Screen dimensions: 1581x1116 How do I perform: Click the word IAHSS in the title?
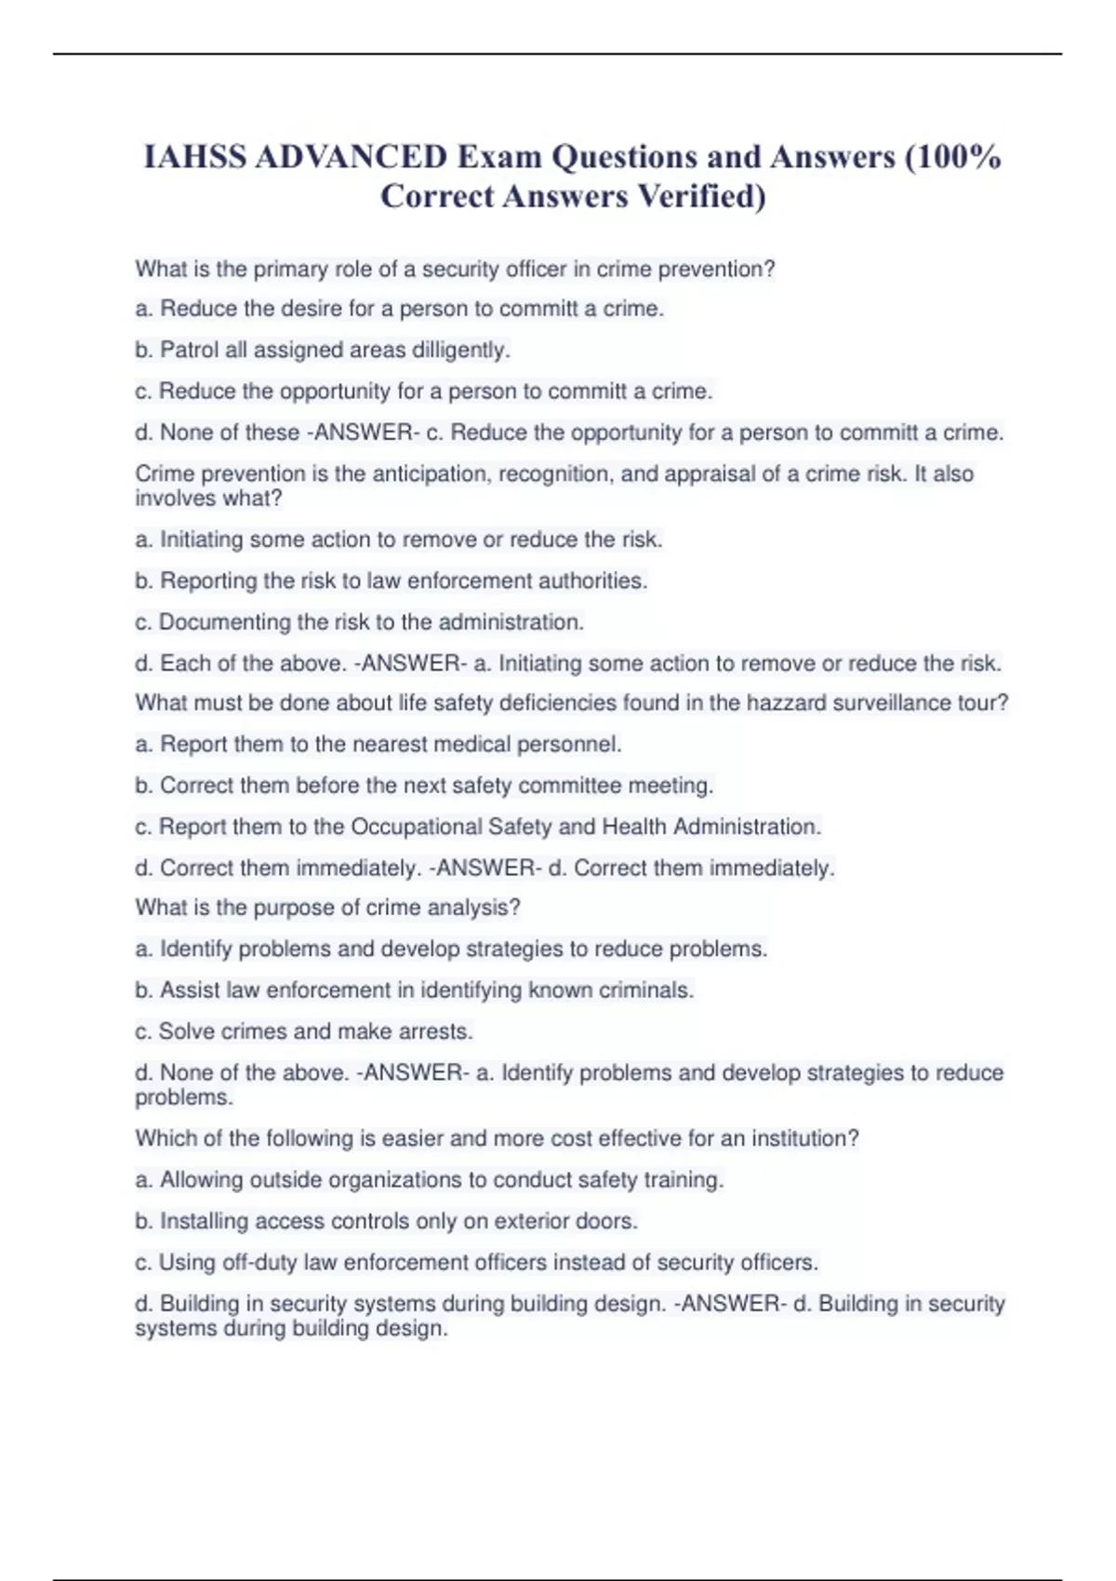(195, 157)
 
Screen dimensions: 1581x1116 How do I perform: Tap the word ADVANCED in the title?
(352, 157)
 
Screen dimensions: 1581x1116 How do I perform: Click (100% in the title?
(952, 157)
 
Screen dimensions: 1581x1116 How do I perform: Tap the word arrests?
(435, 1031)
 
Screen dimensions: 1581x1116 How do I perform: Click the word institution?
(804, 1138)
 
